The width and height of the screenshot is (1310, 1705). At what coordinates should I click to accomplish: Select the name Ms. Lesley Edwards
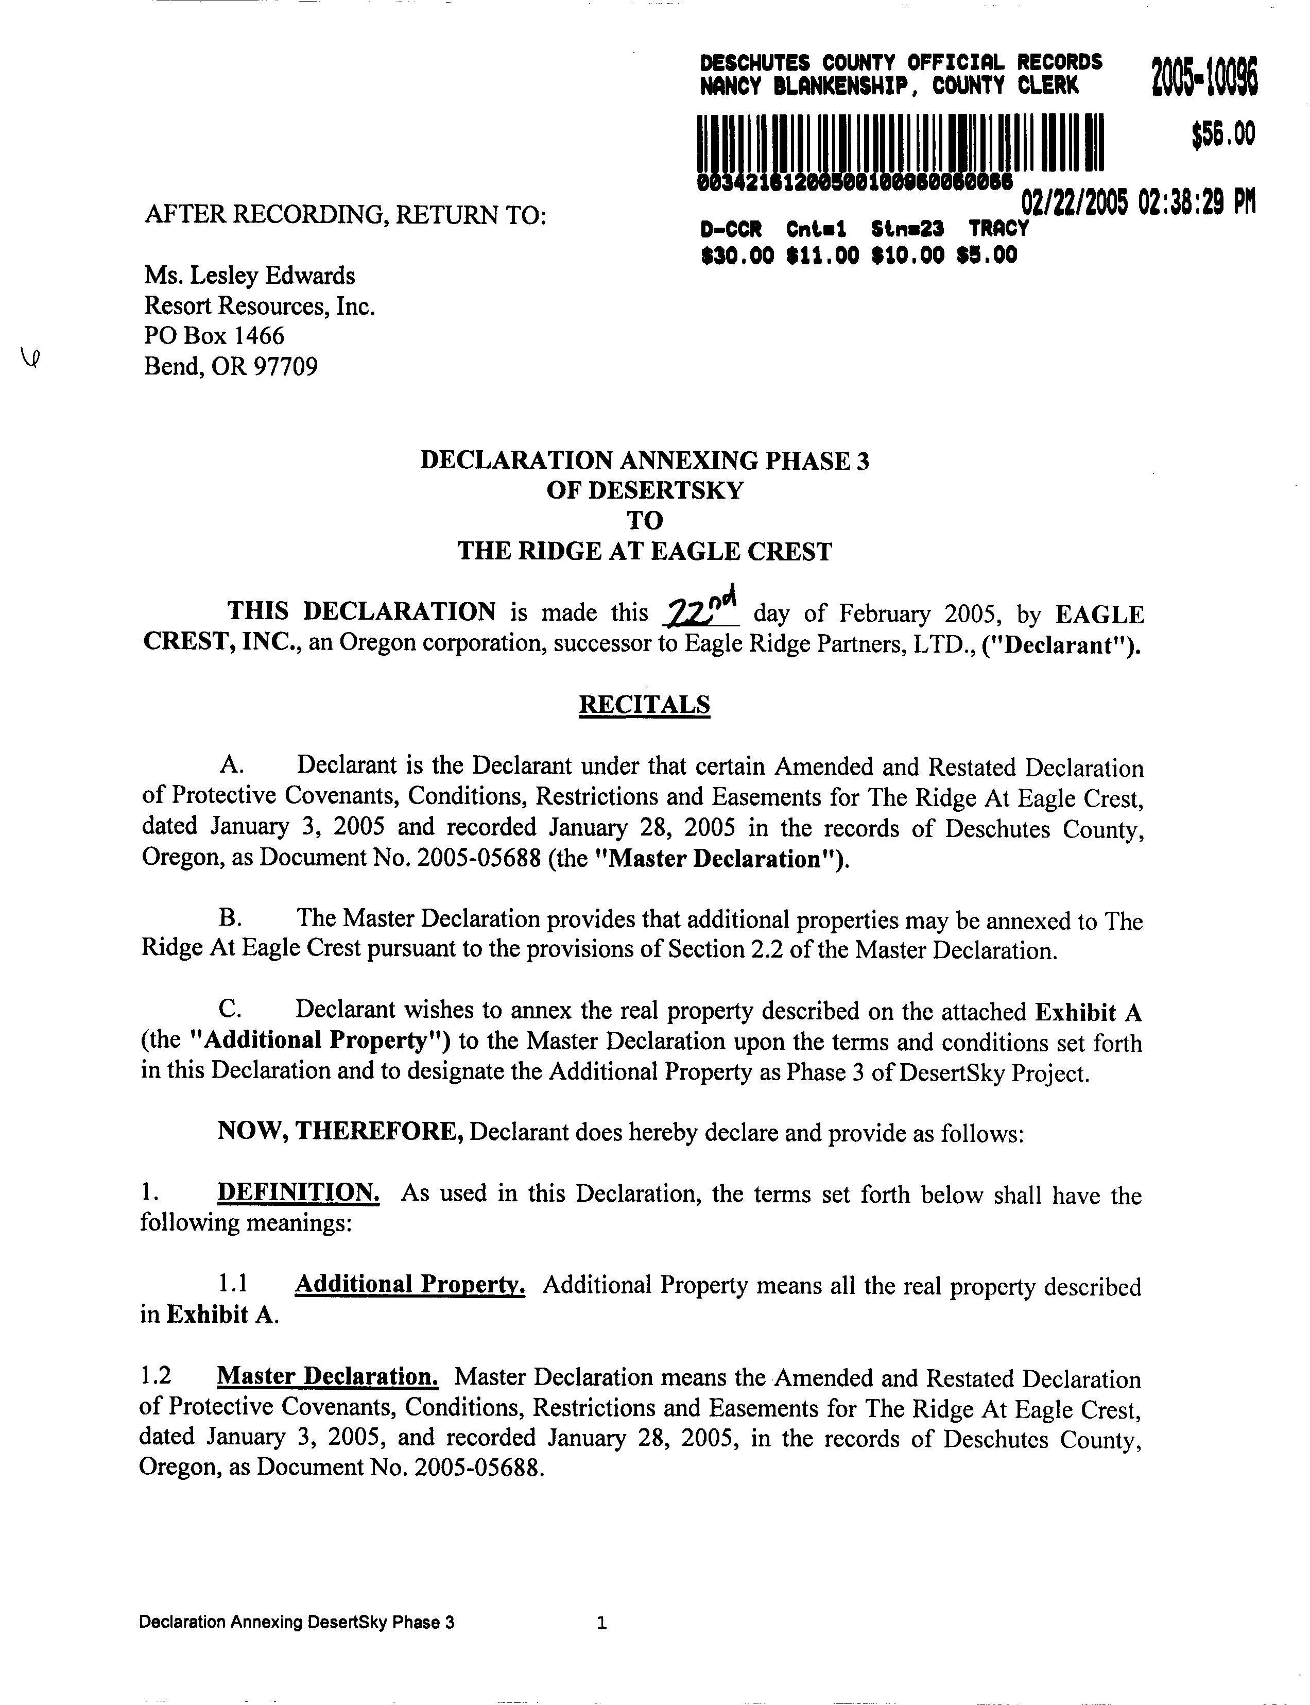tap(250, 276)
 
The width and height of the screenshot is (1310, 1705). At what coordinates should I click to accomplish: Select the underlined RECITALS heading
tap(644, 704)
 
